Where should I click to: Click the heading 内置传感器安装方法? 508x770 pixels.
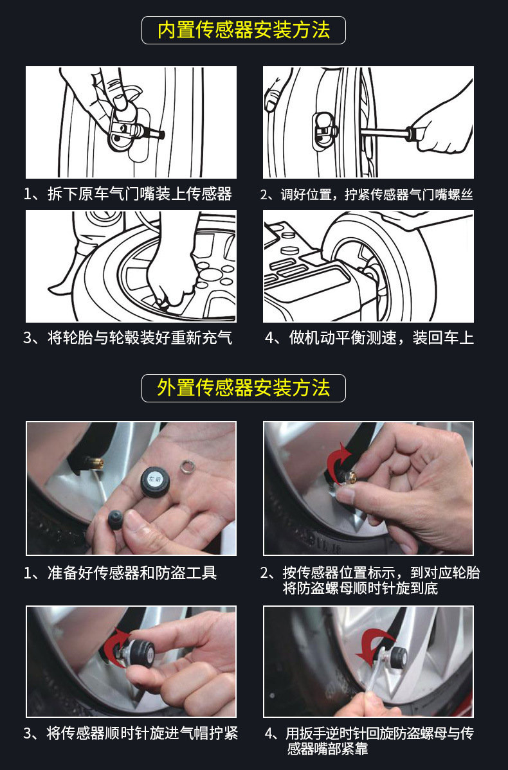pyautogui.click(x=244, y=30)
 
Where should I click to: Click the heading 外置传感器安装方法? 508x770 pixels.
pyautogui.click(x=244, y=388)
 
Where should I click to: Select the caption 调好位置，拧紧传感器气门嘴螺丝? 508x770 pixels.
pyautogui.click(x=376, y=195)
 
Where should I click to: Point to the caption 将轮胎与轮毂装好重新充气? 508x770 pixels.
pyautogui.click(x=140, y=338)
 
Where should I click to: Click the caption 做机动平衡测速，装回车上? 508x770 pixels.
pyautogui.click(x=381, y=338)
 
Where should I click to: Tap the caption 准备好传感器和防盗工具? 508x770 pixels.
pyautogui.click(x=132, y=573)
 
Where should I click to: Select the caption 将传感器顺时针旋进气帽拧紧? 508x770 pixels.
pyautogui.click(x=142, y=733)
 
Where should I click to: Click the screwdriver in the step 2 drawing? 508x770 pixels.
pyautogui.click(x=393, y=132)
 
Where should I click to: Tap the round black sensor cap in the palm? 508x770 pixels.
pyautogui.click(x=156, y=481)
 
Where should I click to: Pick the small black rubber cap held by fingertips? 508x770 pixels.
pyautogui.click(x=116, y=519)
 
